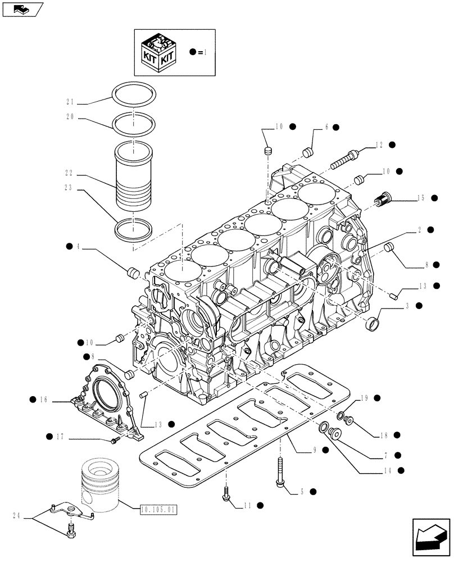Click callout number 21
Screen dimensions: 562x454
(70, 102)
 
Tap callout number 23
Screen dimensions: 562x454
(70, 190)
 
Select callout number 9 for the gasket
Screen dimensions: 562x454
(315, 450)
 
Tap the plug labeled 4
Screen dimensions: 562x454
(133, 273)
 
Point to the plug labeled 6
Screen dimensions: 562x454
(308, 152)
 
